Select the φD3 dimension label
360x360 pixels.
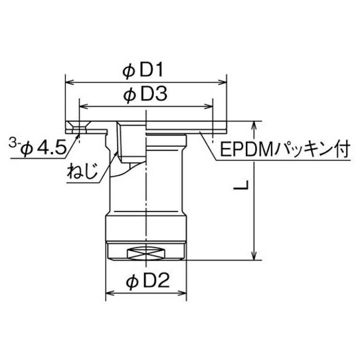tap(145, 95)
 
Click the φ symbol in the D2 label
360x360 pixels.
tap(131, 282)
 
